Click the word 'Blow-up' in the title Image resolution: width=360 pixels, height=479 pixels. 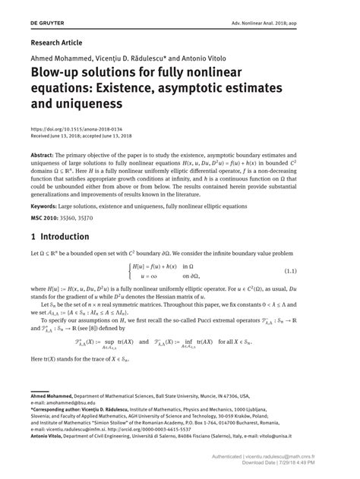[54, 75]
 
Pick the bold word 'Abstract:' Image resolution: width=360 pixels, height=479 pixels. [44, 152]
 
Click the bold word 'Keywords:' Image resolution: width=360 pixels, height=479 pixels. [46, 206]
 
